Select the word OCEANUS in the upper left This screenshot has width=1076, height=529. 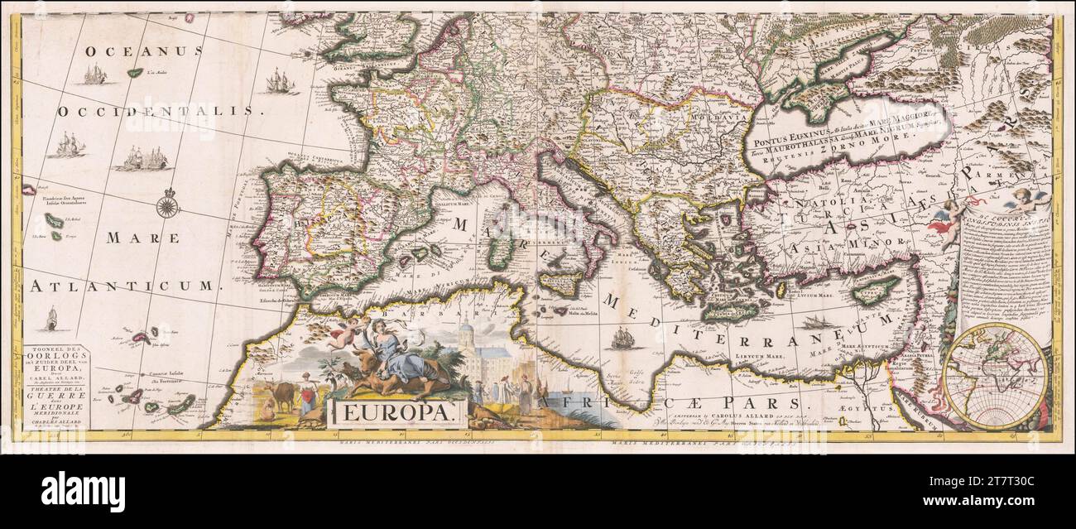click(x=145, y=51)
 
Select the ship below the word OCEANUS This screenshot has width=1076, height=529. click(x=94, y=75)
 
